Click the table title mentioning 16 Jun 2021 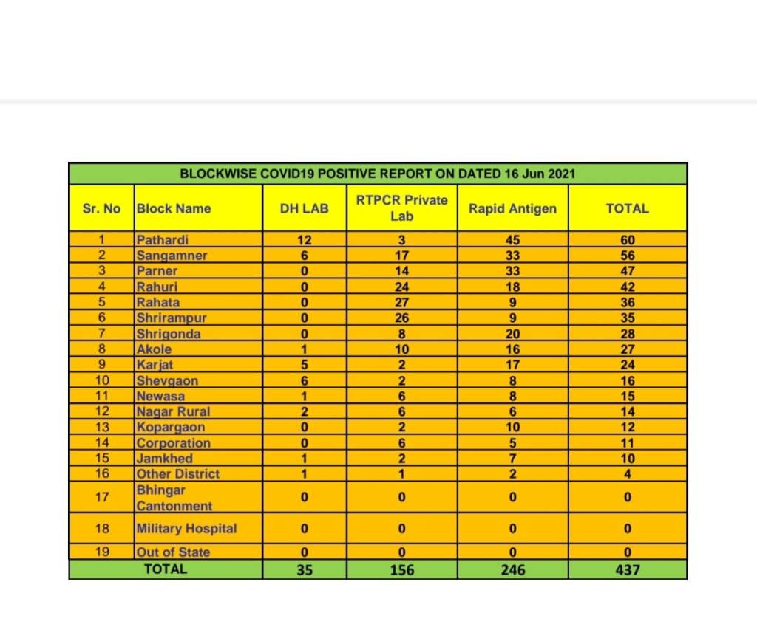378,174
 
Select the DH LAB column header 304,208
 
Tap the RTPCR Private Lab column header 401,208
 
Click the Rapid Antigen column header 512,208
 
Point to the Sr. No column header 102,208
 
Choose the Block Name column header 174,208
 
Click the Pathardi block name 163,240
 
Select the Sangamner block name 172,256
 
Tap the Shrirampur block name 172,318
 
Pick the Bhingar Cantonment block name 174,498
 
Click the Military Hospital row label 186,529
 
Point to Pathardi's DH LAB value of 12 304,240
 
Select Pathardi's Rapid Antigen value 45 512,240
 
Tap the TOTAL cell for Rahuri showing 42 627,287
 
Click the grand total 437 627,569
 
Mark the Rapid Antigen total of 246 512,569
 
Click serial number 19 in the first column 102,552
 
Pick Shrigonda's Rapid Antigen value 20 512,334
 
